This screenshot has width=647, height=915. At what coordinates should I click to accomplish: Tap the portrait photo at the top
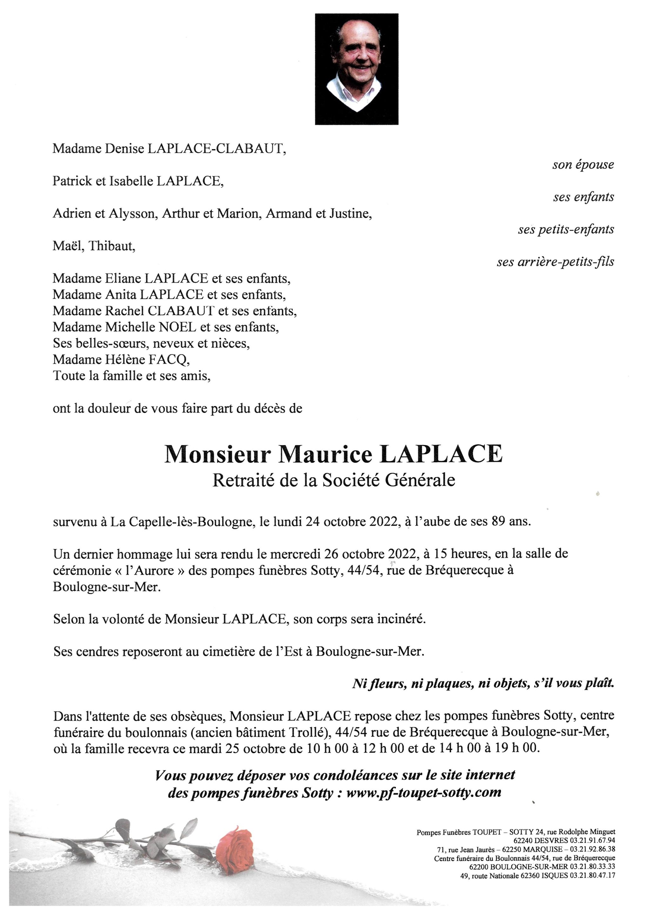pos(357,69)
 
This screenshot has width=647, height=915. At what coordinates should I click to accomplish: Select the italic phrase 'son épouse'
pos(583,165)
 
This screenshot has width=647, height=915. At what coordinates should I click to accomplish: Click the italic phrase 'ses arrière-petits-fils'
pos(556,262)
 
